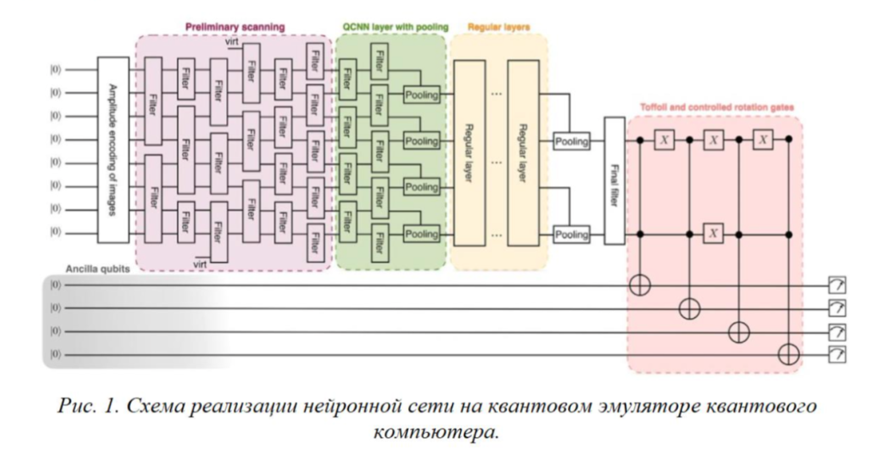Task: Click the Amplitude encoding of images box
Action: pyautogui.click(x=113, y=150)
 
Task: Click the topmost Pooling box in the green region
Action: pyautogui.click(x=421, y=95)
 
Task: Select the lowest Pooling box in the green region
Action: pyautogui.click(x=421, y=234)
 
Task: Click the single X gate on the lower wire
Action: pyautogui.click(x=712, y=233)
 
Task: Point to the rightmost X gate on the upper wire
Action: pyautogui.click(x=761, y=139)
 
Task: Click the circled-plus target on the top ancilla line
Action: pyautogui.click(x=639, y=285)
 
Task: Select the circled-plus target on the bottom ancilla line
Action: pyautogui.click(x=788, y=353)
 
